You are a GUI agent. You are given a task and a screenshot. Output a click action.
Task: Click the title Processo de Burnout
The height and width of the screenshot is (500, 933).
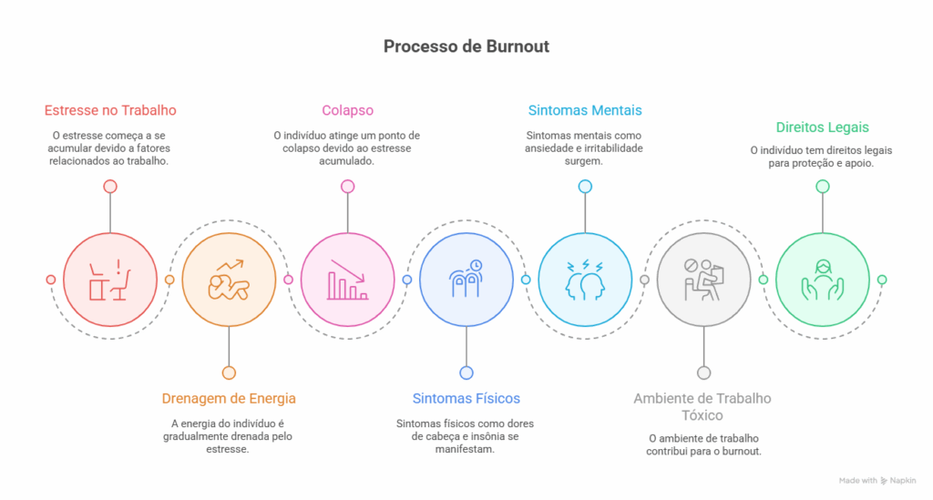(466, 46)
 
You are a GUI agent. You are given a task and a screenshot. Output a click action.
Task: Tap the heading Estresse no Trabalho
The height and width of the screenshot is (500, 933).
(110, 110)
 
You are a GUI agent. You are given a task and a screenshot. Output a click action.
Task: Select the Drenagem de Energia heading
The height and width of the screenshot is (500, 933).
(229, 398)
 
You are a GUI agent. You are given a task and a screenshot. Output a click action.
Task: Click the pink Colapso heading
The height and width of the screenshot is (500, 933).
(347, 110)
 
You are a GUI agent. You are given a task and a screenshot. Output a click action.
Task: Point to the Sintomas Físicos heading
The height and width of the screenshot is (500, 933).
(466, 398)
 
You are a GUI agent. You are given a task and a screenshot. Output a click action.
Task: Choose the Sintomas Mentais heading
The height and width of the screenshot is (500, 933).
(585, 110)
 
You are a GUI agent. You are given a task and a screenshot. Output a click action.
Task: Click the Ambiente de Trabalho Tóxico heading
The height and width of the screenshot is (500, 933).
(702, 406)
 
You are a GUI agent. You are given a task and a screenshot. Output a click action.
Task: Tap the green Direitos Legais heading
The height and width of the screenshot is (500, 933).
(822, 128)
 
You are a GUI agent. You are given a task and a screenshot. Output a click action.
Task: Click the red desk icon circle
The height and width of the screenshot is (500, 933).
(110, 280)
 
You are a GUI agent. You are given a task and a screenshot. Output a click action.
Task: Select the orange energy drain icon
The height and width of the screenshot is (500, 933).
(229, 280)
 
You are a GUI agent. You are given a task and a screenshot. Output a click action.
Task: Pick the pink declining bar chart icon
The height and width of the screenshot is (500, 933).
(347, 280)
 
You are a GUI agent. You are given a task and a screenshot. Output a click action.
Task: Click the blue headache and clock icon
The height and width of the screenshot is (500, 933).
(466, 280)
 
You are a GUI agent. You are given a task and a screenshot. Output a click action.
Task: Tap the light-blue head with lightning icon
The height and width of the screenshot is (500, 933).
(585, 280)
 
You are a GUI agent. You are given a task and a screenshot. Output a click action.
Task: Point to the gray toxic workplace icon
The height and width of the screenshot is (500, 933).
(703, 280)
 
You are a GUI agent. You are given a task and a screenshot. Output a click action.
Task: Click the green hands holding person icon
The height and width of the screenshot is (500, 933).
(822, 280)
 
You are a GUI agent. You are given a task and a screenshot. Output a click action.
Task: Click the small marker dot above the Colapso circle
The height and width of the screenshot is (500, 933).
(347, 187)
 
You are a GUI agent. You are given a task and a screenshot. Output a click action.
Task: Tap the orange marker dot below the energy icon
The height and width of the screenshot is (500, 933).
(229, 372)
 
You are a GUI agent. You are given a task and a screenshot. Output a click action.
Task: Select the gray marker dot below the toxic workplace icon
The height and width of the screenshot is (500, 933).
(703, 372)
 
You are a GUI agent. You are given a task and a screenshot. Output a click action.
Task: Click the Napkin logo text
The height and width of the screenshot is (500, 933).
(904, 480)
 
